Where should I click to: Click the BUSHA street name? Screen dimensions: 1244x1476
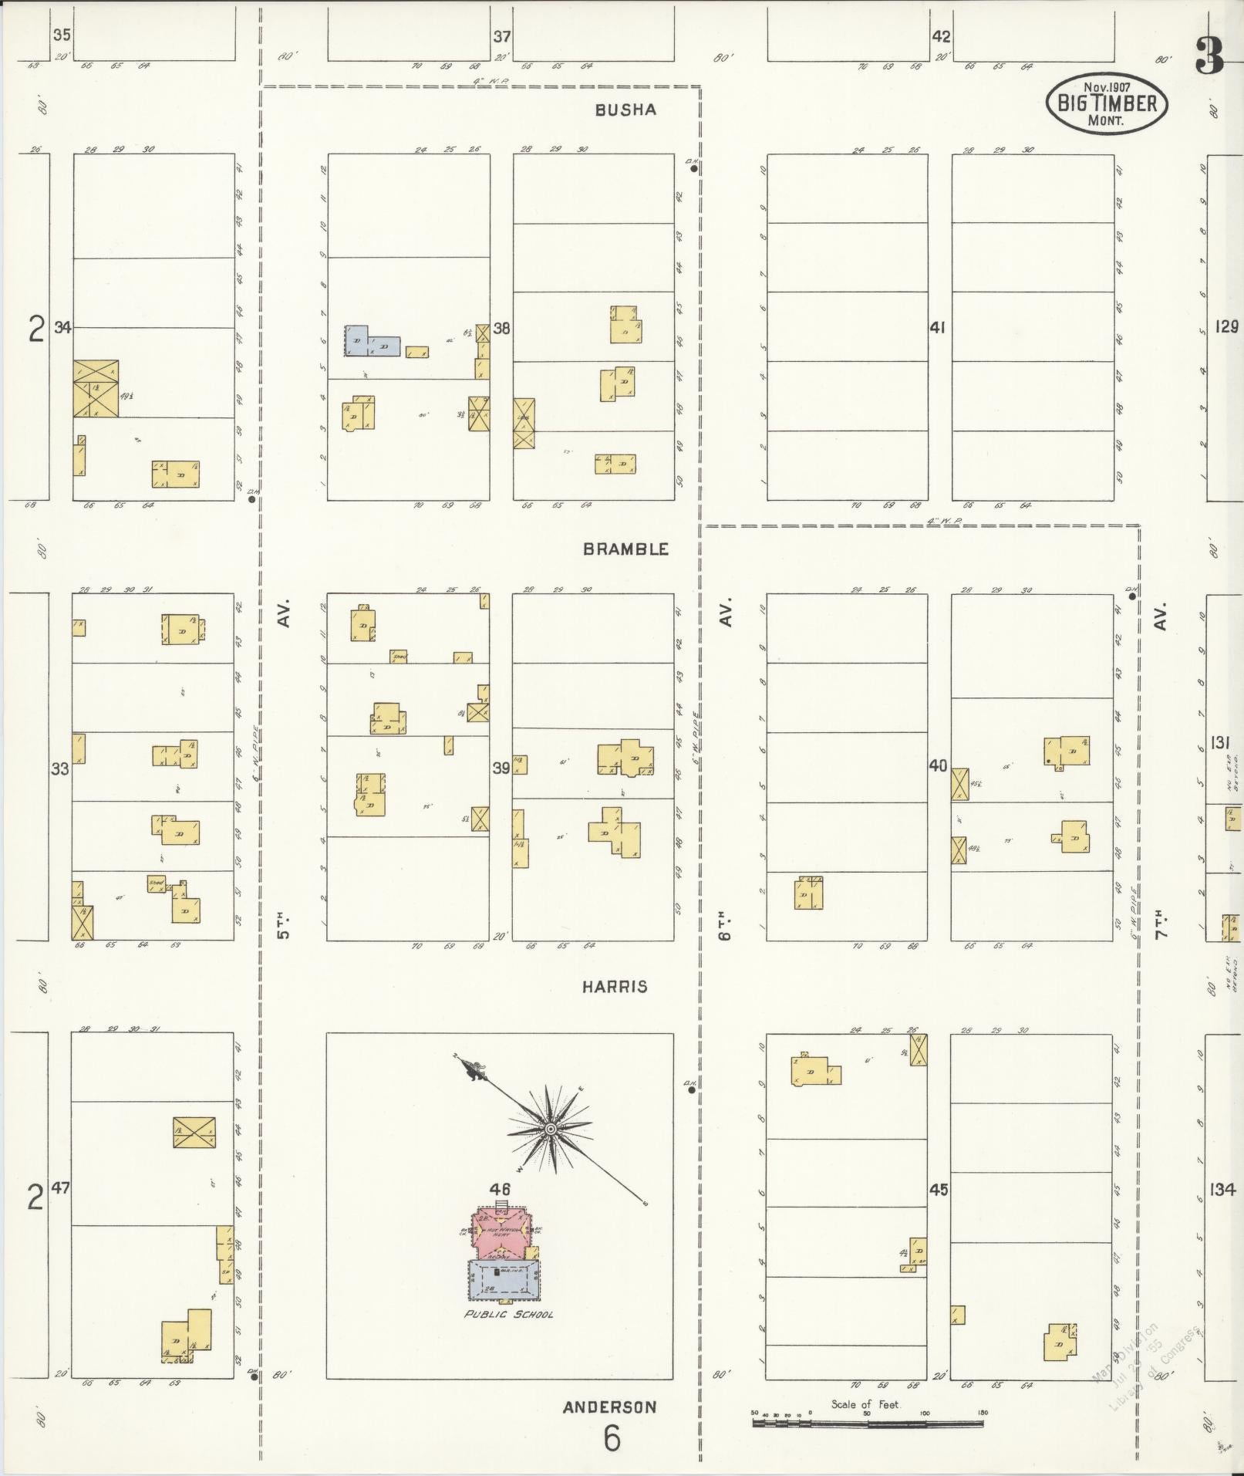point(625,110)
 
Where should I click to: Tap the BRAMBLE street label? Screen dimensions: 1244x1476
point(625,549)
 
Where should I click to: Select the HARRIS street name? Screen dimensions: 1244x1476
point(615,986)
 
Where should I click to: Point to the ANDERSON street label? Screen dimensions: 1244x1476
point(609,1407)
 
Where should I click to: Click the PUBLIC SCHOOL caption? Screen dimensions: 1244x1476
point(508,1314)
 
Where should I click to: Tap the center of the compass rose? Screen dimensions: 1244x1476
point(551,1130)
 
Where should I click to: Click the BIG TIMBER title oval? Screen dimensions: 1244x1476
point(1107,103)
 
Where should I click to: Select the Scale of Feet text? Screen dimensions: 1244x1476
point(865,1405)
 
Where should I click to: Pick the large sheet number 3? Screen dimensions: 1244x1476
point(1210,56)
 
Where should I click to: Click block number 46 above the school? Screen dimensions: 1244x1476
point(500,1189)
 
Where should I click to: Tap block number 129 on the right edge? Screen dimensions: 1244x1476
point(1226,327)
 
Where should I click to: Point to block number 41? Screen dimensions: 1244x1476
point(937,328)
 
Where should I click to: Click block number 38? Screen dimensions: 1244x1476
point(501,329)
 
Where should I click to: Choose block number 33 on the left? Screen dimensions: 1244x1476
point(60,768)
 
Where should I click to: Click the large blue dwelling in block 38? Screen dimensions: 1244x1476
point(373,342)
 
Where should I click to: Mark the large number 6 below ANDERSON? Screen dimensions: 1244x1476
point(612,1439)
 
